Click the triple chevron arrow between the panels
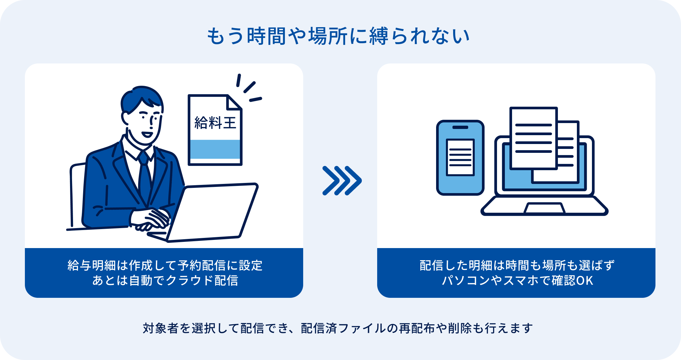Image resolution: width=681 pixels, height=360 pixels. click(x=342, y=181)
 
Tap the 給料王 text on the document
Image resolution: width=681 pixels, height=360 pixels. click(x=215, y=123)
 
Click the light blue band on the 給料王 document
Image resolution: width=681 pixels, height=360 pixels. click(x=215, y=149)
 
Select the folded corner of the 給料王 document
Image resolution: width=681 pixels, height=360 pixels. click(x=234, y=102)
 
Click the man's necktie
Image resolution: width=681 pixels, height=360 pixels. click(x=144, y=177)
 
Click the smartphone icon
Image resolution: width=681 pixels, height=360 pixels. click(x=460, y=158)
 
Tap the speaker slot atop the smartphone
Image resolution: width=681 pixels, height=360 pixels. click(x=460, y=127)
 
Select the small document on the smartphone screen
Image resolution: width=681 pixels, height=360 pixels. click(x=460, y=157)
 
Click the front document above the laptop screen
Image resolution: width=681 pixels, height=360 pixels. click(x=534, y=138)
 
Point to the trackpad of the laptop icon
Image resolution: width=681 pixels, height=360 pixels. click(x=544, y=208)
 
